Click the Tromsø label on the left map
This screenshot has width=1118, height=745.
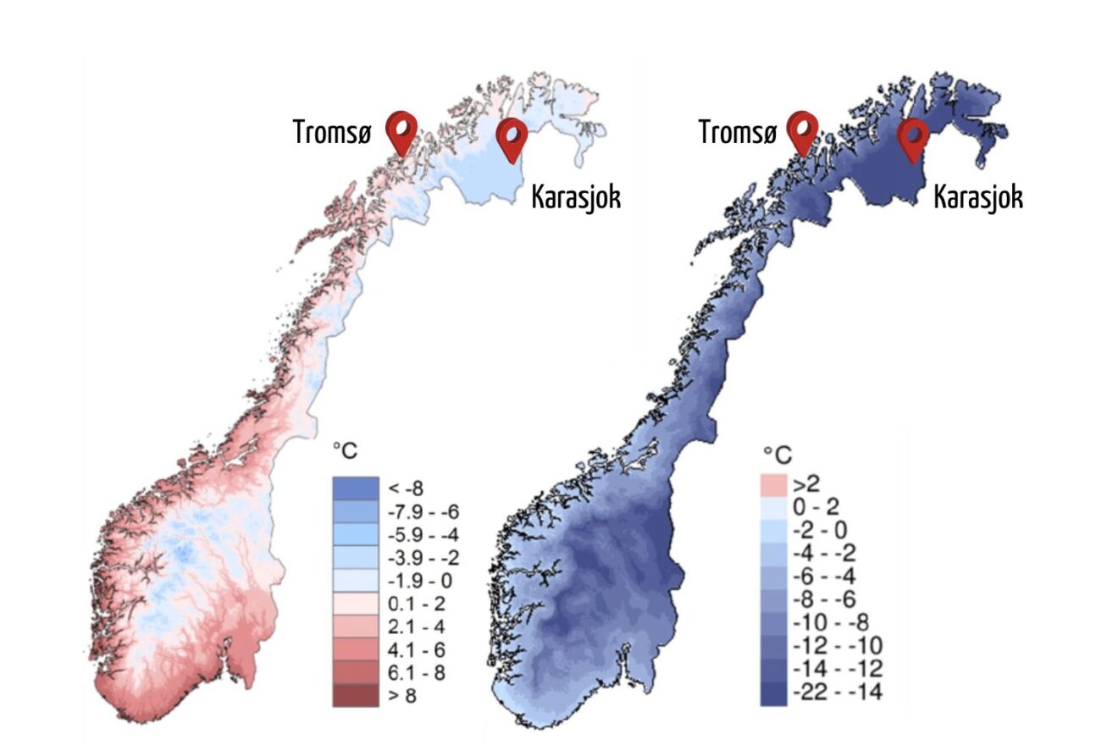point(332,132)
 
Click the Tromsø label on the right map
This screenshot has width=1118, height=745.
point(737,132)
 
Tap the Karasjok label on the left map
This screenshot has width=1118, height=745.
point(575,197)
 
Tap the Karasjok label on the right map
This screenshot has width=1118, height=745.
point(977,197)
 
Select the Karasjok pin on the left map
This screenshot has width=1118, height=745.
point(511,136)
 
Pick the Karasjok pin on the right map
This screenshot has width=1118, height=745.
point(912,136)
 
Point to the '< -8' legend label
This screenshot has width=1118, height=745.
point(407,488)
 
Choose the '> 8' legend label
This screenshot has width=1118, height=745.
point(403,696)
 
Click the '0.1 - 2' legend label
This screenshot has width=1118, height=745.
point(415,604)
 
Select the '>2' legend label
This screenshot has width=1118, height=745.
point(807,485)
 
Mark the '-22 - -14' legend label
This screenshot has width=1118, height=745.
point(837,693)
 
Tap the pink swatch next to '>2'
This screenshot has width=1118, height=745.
point(773,485)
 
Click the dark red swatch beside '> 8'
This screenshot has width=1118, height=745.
point(355,696)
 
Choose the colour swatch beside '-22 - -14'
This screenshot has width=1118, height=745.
point(773,693)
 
